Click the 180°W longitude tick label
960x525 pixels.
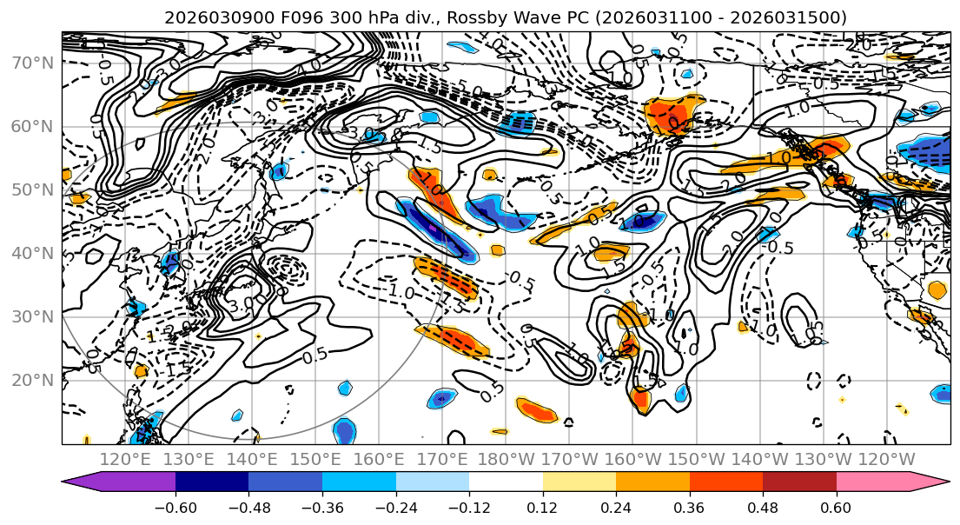(507, 458)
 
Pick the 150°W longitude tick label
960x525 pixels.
(698, 458)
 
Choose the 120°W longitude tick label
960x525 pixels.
(888, 458)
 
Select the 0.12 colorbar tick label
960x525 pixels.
(543, 507)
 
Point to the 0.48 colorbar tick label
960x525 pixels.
(763, 507)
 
